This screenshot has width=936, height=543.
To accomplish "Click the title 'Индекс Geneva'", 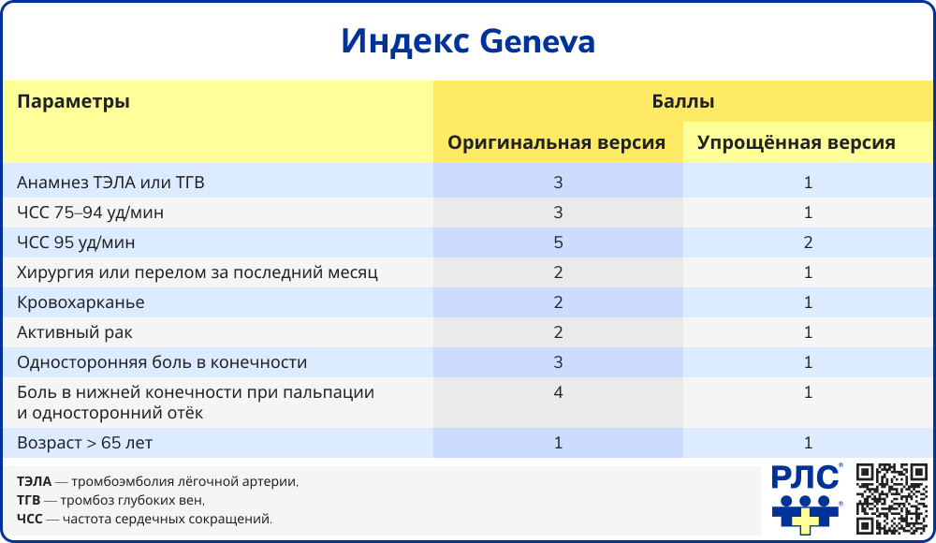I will [x=467, y=41].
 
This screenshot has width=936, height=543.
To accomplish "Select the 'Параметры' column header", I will [x=73, y=102].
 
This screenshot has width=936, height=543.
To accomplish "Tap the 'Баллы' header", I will [x=683, y=101].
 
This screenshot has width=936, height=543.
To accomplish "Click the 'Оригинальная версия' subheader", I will [x=557, y=143].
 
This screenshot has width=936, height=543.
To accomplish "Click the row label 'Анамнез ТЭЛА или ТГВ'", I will [x=110, y=183].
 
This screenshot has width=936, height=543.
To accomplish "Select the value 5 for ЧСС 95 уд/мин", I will [x=558, y=243].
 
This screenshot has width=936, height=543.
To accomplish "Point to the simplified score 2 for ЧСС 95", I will [x=808, y=243].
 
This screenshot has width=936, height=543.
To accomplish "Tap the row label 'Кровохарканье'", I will [x=80, y=303].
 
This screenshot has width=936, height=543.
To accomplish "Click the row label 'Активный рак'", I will [x=75, y=333].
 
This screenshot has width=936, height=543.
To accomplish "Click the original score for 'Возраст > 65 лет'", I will [x=558, y=443].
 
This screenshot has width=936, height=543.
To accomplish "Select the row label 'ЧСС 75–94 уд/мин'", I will [x=90, y=213].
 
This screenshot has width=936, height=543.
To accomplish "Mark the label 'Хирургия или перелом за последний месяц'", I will [x=197, y=273].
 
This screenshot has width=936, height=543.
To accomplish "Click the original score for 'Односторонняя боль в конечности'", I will [x=558, y=363].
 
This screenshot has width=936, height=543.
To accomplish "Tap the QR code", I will [x=891, y=498].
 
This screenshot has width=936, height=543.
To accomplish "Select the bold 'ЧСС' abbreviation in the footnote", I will [x=30, y=518].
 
